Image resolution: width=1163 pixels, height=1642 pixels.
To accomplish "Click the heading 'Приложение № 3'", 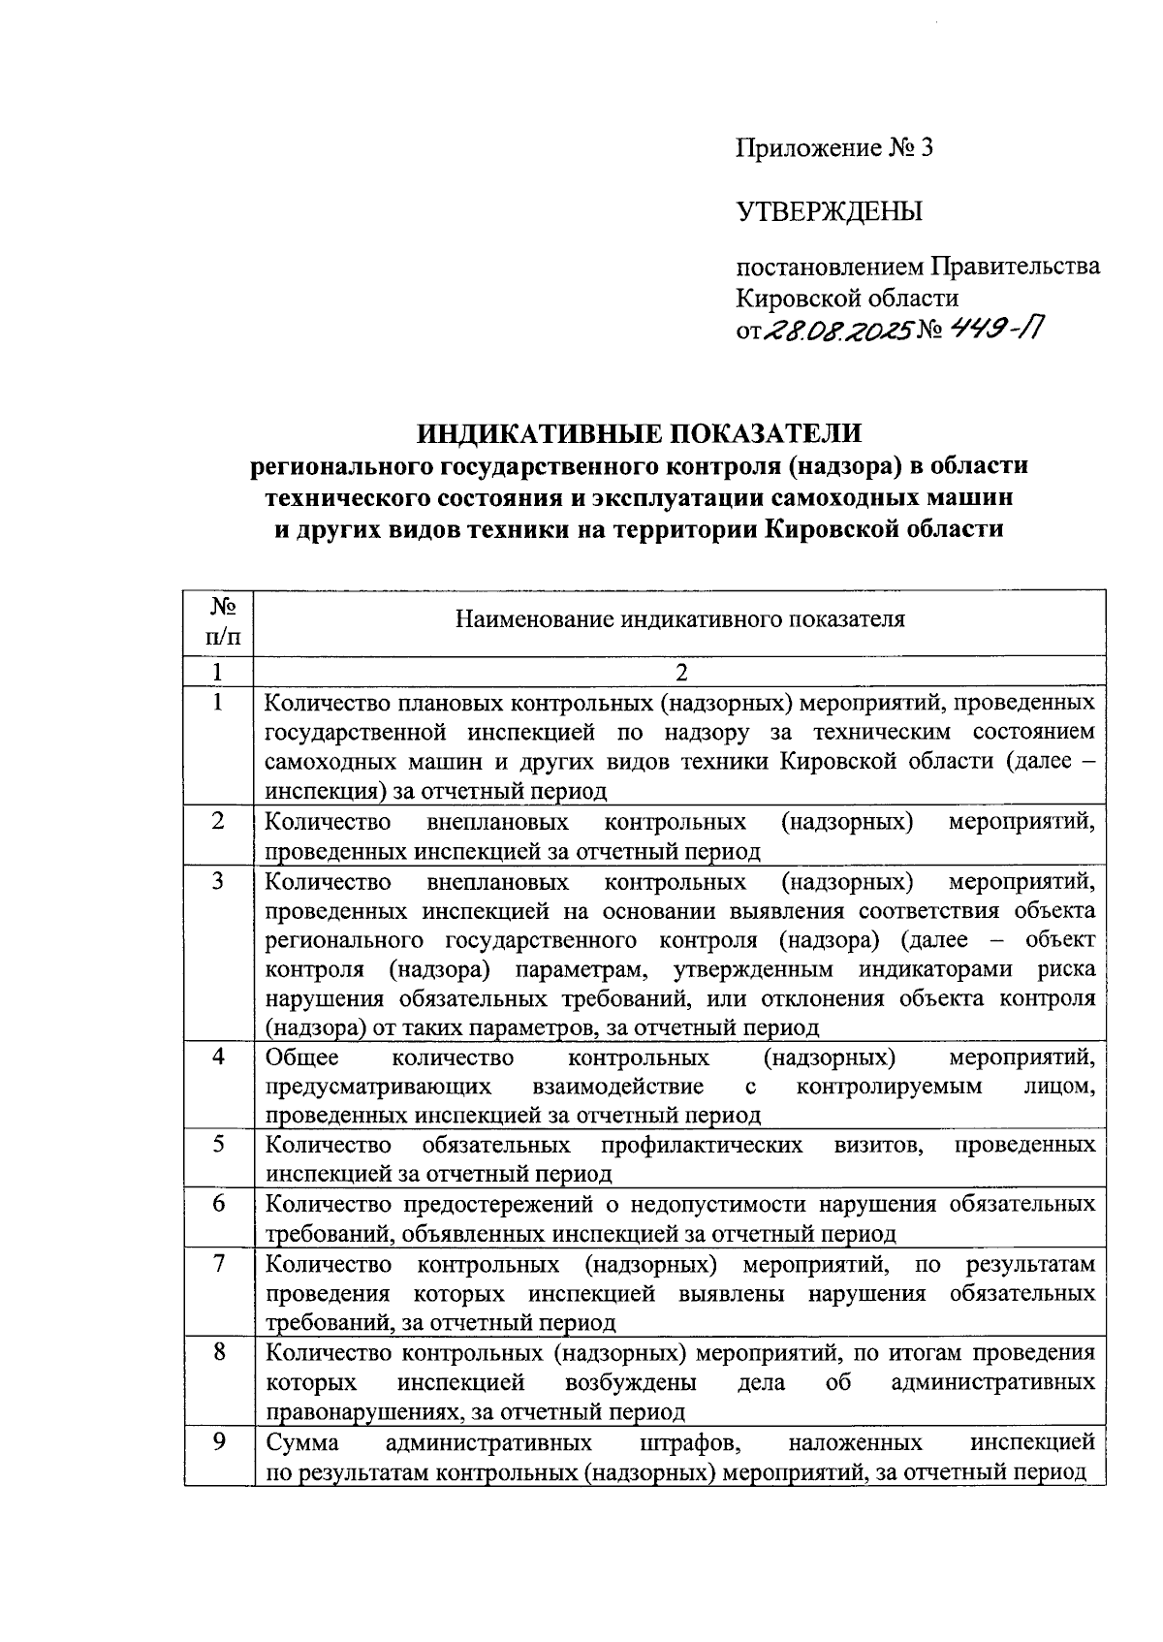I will [833, 148].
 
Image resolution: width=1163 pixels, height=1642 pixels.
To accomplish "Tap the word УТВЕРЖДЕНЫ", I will [830, 211].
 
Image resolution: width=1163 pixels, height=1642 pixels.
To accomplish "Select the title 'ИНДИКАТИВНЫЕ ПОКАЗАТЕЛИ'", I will [639, 431].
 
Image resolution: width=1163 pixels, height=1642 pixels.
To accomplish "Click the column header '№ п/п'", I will [219, 622].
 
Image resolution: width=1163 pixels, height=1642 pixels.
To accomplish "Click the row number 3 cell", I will [219, 881].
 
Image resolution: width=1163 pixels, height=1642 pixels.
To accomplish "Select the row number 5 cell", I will [219, 1145].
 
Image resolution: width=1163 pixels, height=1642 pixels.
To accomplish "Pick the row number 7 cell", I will [219, 1264].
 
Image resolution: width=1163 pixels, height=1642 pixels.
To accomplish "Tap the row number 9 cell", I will [219, 1442].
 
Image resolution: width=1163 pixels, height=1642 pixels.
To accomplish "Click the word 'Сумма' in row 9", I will [302, 1442].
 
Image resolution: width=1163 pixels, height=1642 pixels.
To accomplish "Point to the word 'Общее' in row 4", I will [302, 1057].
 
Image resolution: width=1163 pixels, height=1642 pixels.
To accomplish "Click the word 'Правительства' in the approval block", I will [1016, 266].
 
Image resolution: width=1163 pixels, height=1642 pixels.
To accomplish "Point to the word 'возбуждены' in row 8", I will [630, 1382].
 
